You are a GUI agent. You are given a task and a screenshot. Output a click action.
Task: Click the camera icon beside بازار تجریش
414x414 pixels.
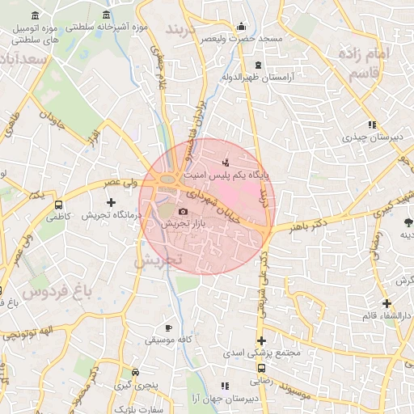tap(183, 211)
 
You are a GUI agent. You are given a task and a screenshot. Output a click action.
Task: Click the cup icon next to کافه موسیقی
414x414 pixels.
tap(168, 327)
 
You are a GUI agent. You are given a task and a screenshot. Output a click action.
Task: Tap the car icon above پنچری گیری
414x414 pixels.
tap(136, 373)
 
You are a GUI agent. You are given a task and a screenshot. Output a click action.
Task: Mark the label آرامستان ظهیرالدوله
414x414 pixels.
tap(258, 78)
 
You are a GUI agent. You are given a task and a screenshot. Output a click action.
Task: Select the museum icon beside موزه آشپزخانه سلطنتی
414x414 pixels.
tap(108, 15)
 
